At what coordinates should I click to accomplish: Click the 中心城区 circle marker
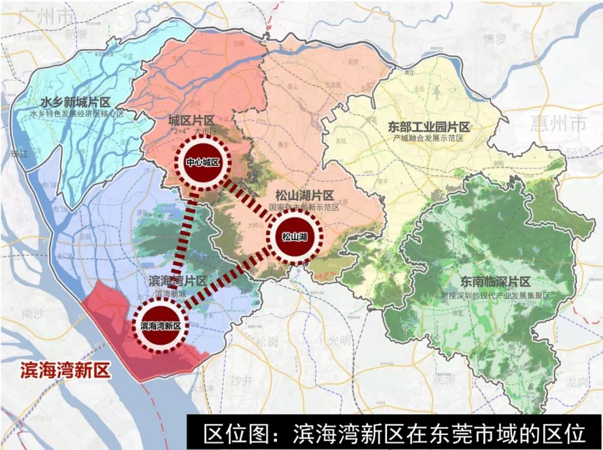pyautogui.click(x=200, y=162)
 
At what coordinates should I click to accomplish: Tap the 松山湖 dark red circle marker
pyautogui.click(x=295, y=236)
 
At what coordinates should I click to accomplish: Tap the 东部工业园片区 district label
pyautogui.click(x=429, y=127)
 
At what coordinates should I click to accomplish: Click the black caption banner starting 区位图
pyautogui.click(x=394, y=433)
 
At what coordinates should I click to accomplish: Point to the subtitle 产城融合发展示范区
pyautogui.click(x=429, y=139)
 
